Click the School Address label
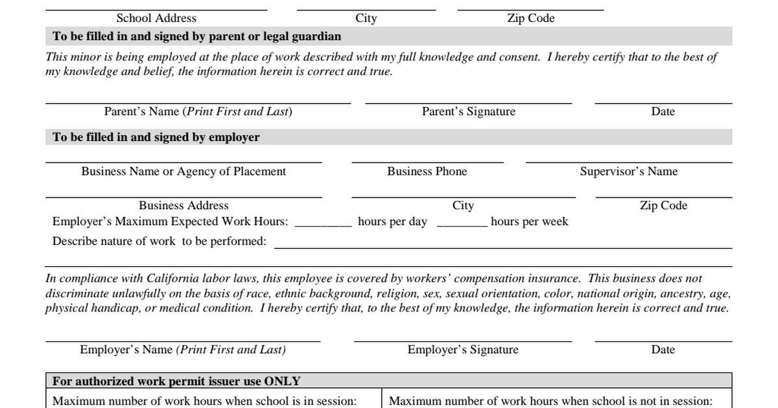156,18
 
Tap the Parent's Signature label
469,111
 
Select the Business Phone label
427,172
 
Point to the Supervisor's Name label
629,172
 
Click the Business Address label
183,205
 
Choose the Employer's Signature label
463,350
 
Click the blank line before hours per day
324,225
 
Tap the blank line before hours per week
462,225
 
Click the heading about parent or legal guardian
197,36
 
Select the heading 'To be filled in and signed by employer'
156,137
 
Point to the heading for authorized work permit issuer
176,381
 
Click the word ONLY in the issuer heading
282,381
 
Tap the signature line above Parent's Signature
469,103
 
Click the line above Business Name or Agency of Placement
183,163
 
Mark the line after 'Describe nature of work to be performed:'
503,248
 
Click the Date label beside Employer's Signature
663,350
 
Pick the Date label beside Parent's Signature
663,111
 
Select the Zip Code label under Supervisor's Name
663,205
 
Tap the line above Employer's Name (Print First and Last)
183,341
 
